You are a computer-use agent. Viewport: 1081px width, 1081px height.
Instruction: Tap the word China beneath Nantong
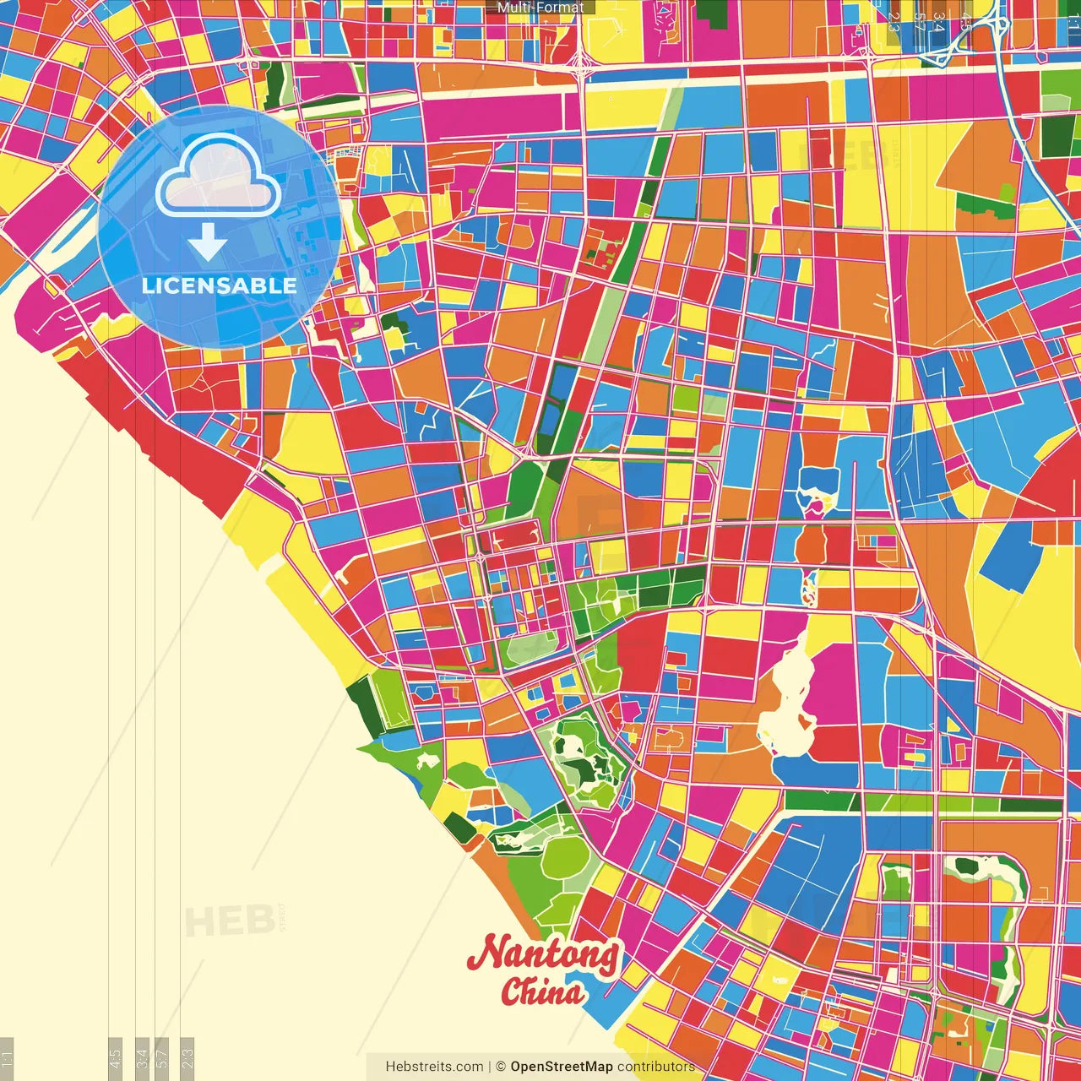click(x=542, y=991)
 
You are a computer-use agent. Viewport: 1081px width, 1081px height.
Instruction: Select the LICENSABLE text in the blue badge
click(x=220, y=285)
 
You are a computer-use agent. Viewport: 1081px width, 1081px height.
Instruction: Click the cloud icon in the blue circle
click(x=219, y=177)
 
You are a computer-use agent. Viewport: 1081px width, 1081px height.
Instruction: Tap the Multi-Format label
click(x=540, y=8)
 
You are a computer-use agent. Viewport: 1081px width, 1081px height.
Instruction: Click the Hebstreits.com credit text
click(x=434, y=1067)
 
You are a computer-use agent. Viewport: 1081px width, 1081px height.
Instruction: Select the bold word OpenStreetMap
click(x=562, y=1067)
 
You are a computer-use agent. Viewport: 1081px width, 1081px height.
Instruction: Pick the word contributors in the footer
click(x=656, y=1067)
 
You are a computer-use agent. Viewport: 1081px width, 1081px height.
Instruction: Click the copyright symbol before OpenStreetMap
click(x=501, y=1067)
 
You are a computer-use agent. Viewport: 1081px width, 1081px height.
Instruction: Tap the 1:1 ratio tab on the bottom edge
click(x=7, y=1058)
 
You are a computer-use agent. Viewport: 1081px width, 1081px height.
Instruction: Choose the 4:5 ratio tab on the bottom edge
click(x=115, y=1058)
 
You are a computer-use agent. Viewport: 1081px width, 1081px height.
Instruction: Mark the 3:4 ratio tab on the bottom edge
click(x=142, y=1058)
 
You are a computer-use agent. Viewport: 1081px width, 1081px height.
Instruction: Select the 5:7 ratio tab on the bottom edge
click(x=162, y=1058)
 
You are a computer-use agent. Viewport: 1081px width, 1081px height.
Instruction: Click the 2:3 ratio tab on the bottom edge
click(x=187, y=1058)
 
